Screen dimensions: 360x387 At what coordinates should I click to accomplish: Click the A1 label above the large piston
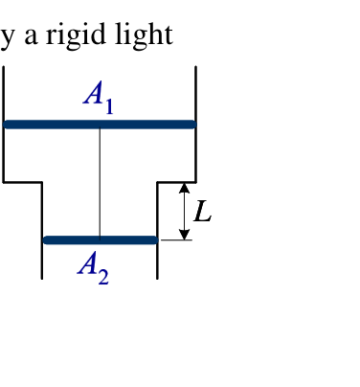point(99,97)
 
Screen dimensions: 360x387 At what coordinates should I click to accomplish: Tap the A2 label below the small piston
point(93,267)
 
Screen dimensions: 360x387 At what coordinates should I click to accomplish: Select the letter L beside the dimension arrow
point(203,211)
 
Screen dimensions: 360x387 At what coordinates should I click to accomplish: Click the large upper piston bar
point(100,125)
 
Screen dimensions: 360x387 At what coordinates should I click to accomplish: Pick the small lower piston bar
point(101,240)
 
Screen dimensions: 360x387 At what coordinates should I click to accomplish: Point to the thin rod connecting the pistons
point(100,182)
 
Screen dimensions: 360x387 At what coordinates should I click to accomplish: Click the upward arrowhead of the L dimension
point(184,188)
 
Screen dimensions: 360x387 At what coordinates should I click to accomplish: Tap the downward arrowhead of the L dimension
point(184,235)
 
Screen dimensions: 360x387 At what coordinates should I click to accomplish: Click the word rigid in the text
point(76,35)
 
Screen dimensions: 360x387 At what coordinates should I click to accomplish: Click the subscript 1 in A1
point(109,106)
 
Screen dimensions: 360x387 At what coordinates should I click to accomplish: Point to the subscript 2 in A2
point(103,277)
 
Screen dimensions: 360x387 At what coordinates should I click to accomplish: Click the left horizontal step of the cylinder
point(22,182)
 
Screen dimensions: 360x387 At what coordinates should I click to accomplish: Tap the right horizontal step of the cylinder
point(176,182)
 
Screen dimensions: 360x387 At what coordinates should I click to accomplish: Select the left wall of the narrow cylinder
point(42,231)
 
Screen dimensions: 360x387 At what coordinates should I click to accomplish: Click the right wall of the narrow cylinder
point(157,231)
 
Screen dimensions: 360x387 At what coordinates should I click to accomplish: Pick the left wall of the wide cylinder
point(3,125)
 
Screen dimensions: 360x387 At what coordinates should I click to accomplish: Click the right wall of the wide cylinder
point(195,125)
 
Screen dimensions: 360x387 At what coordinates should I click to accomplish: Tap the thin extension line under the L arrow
point(176,239)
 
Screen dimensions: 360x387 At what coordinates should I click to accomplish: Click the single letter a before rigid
point(32,36)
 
